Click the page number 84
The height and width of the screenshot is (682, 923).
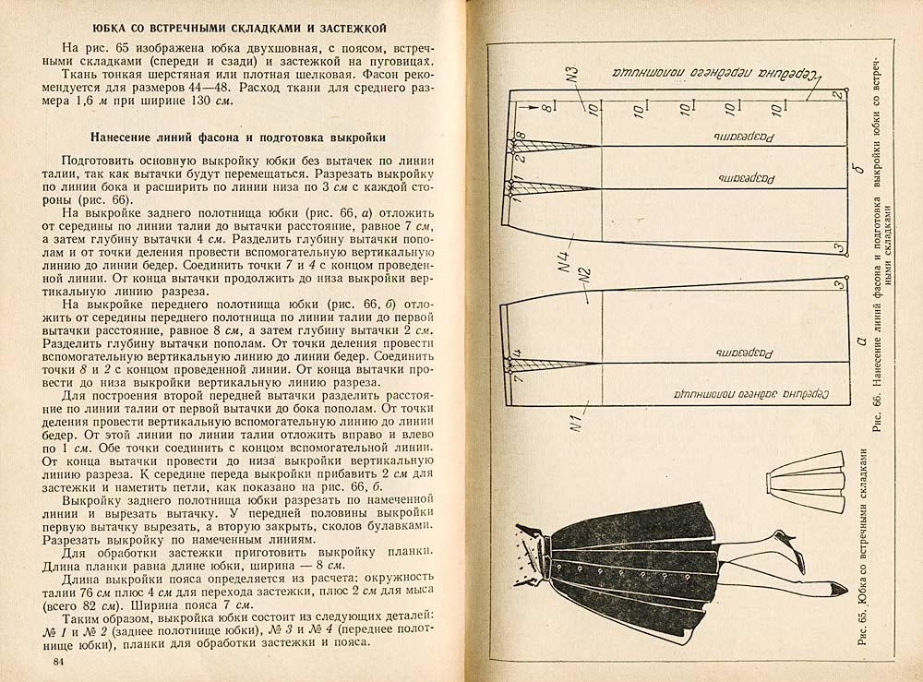(59, 662)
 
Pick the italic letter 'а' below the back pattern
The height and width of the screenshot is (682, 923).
(859, 343)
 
